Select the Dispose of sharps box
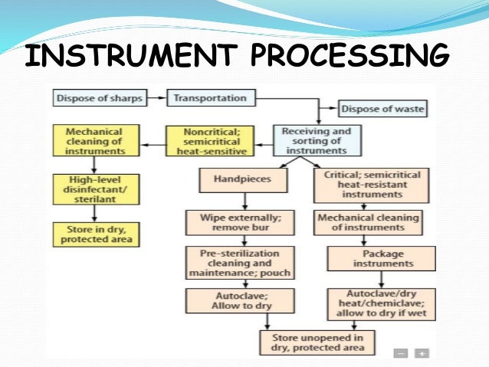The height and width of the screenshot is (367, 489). (x=107, y=98)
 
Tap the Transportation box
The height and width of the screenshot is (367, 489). (x=210, y=98)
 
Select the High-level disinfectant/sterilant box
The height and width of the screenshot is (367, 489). (x=95, y=189)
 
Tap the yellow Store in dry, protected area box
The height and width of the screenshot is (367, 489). (x=95, y=234)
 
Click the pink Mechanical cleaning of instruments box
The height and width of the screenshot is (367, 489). (x=368, y=223)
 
